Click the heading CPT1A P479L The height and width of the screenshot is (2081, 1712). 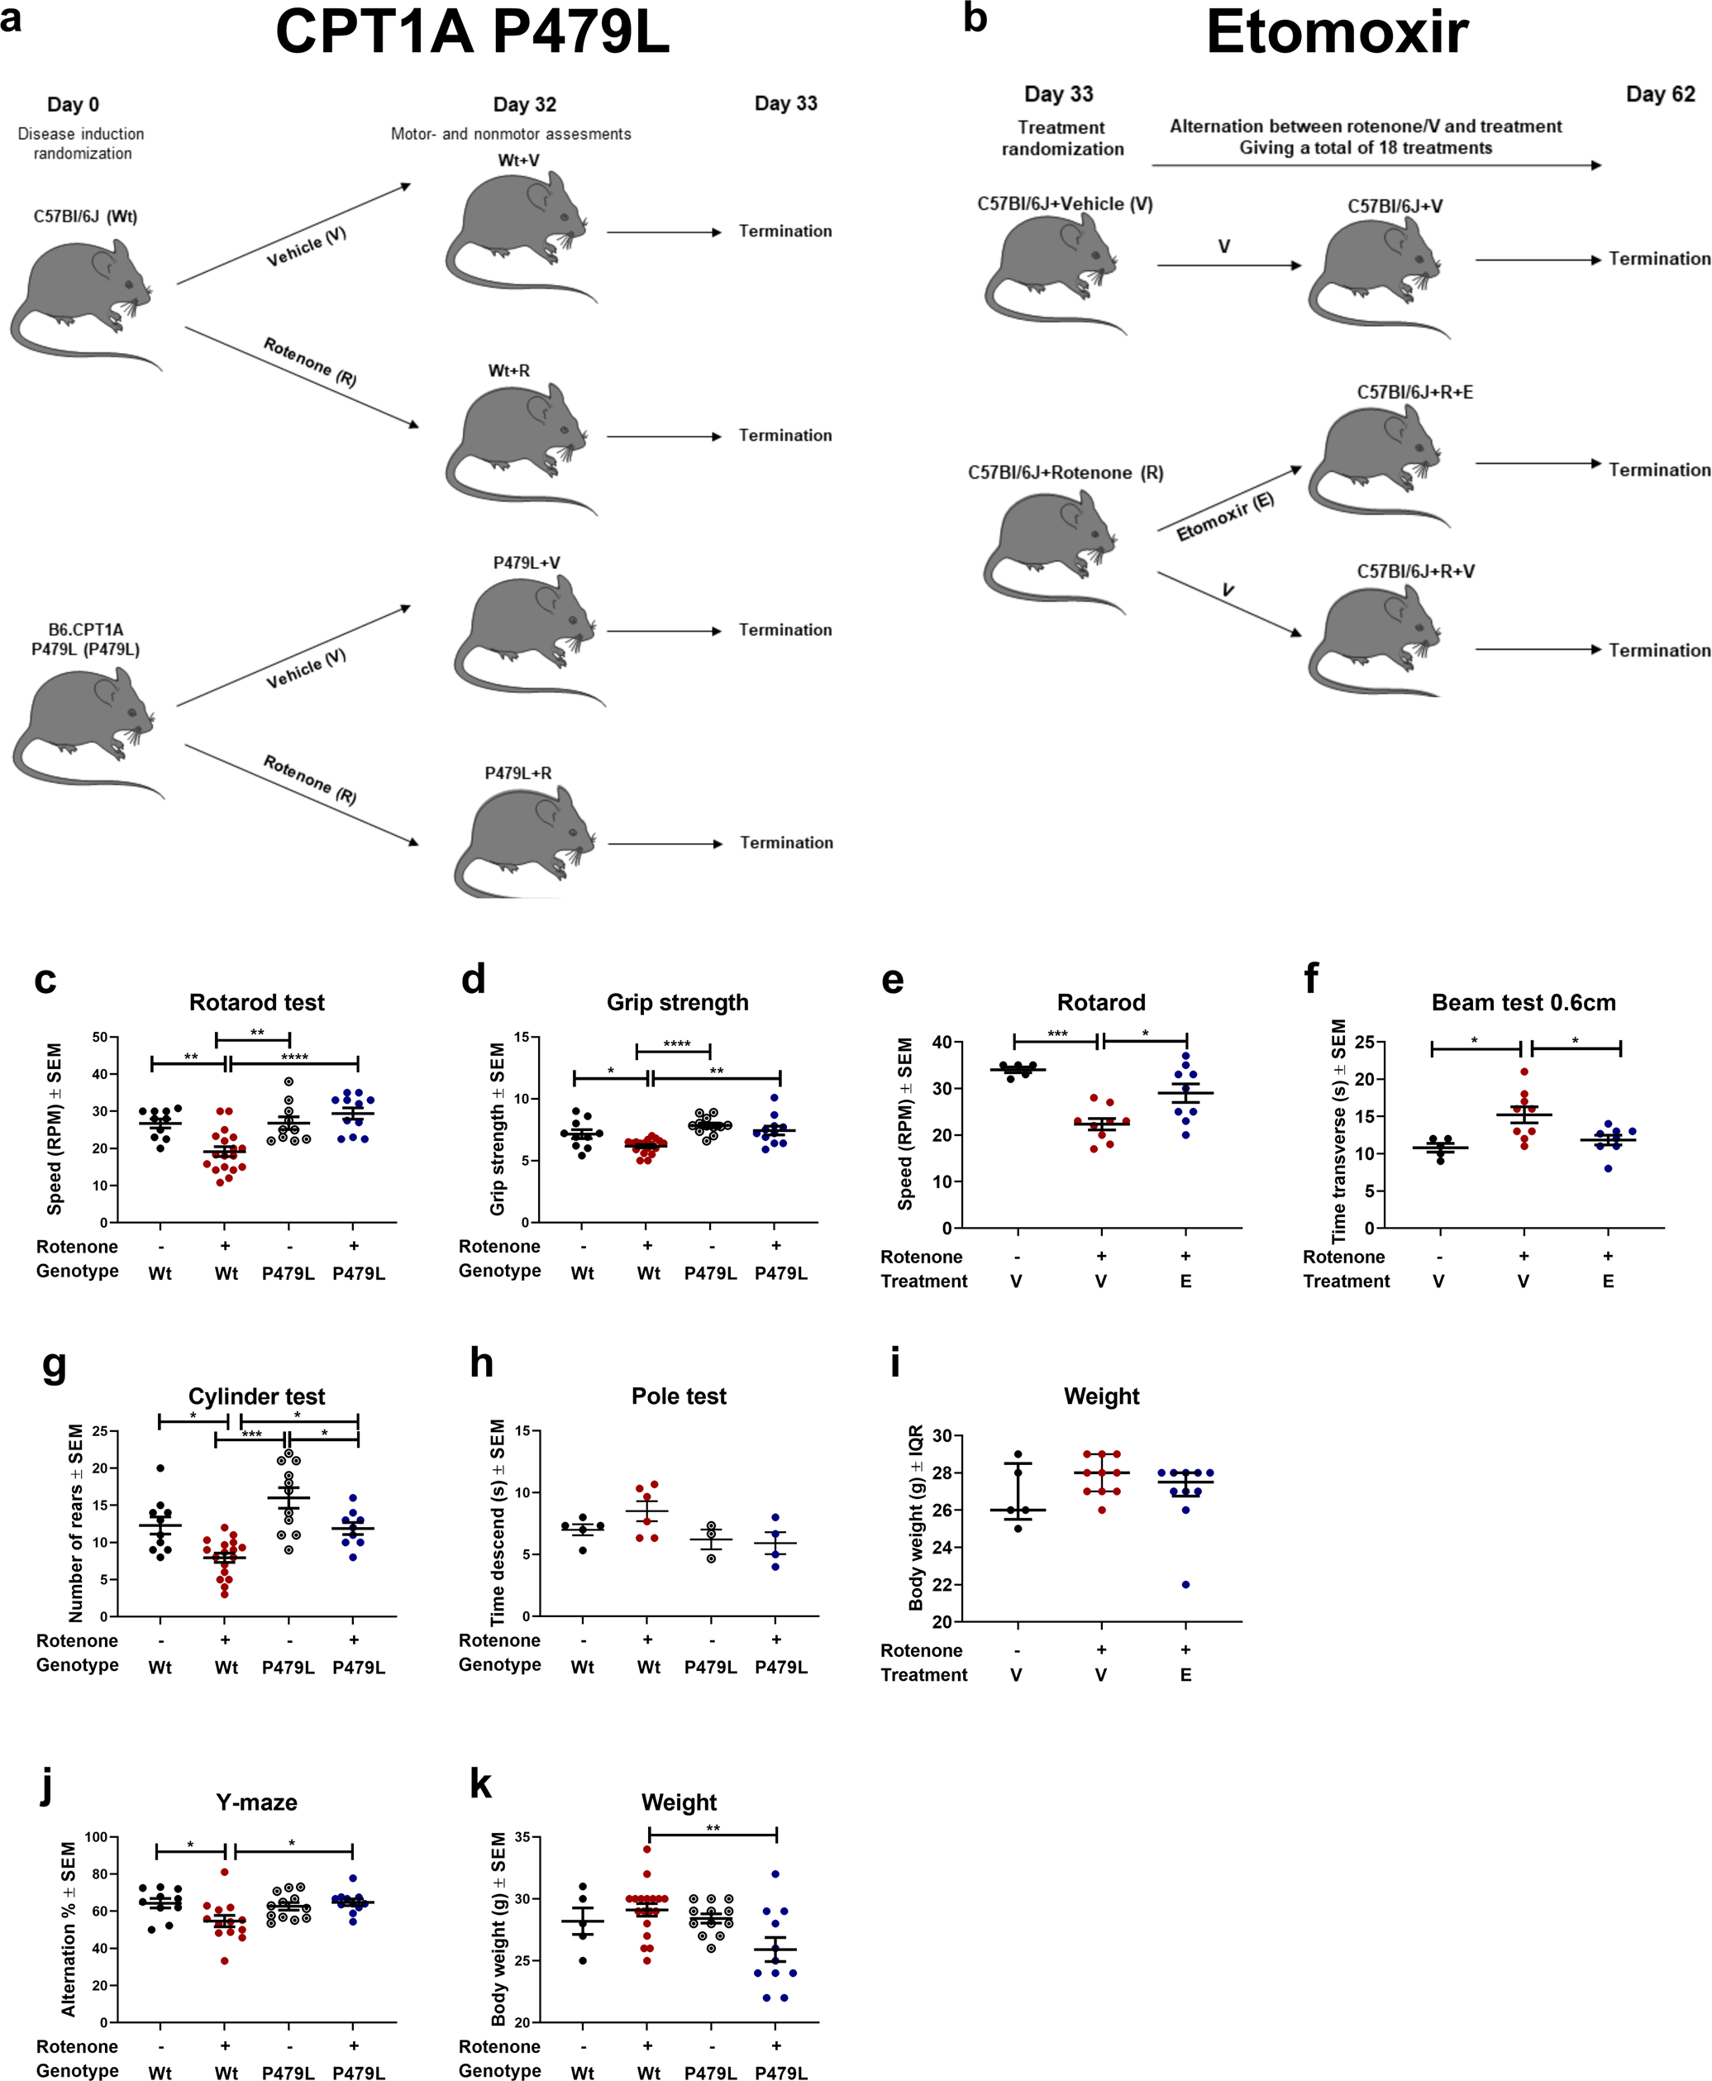click(x=472, y=31)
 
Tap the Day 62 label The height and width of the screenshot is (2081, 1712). click(x=1660, y=95)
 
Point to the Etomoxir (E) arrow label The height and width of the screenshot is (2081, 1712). click(x=1225, y=517)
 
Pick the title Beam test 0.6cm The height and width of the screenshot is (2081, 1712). click(x=1523, y=1003)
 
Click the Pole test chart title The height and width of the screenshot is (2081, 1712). click(x=679, y=1396)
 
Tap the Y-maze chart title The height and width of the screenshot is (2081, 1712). click(x=256, y=1802)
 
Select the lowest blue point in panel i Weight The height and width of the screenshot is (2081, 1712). click(x=1185, y=1585)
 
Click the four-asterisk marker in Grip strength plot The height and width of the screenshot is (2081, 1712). click(x=676, y=1044)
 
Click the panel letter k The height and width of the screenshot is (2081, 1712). click(x=480, y=1783)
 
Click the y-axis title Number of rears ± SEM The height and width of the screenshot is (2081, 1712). click(x=76, y=1524)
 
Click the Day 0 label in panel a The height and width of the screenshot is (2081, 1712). click(x=73, y=104)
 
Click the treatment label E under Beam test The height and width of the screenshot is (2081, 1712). click(x=1608, y=1282)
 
